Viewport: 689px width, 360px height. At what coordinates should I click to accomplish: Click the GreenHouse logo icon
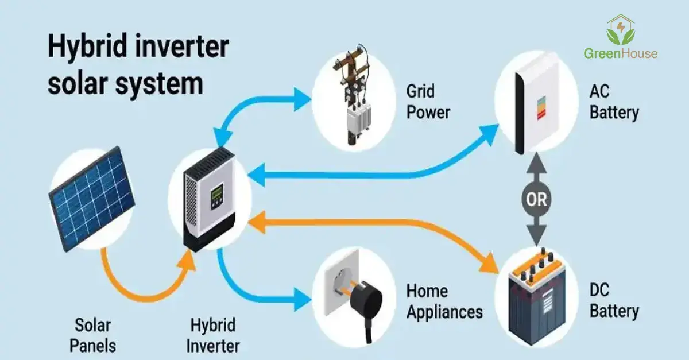(621, 30)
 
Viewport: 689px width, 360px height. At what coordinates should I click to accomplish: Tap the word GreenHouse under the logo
(621, 54)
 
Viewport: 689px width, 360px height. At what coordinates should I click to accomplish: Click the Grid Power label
(428, 101)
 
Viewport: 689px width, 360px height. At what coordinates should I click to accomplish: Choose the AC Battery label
(613, 102)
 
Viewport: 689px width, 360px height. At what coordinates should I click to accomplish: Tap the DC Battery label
(613, 301)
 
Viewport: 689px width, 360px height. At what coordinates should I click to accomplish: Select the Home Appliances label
(444, 301)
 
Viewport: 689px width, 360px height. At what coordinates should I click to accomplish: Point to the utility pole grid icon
(351, 100)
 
